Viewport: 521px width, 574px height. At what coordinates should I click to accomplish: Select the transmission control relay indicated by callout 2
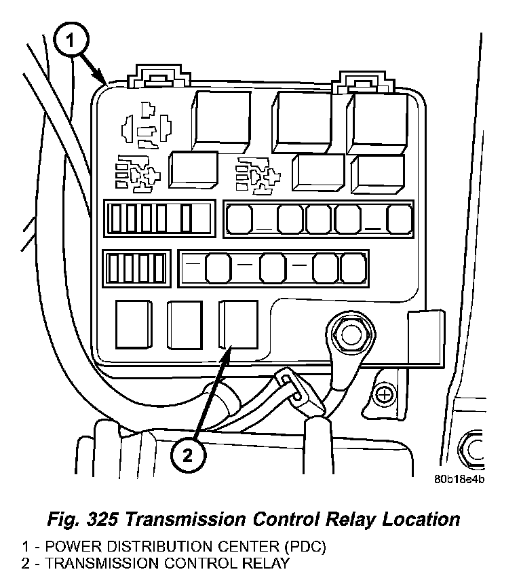tap(237, 324)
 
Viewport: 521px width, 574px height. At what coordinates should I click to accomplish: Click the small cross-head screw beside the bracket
tap(385, 394)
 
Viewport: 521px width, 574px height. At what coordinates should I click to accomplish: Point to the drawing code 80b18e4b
tap(461, 478)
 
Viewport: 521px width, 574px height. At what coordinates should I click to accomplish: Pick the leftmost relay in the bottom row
tap(134, 324)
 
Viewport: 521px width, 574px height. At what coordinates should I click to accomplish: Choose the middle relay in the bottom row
tap(185, 324)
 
